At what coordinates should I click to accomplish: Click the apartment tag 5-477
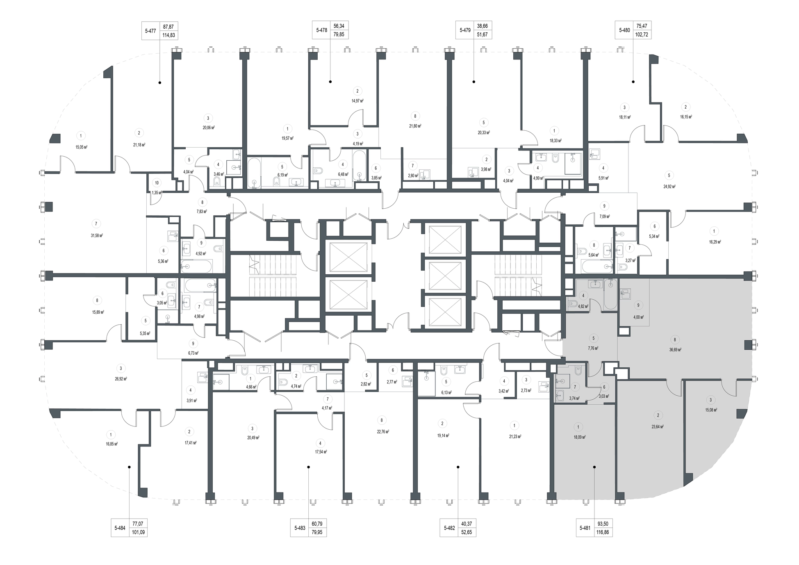tap(150, 31)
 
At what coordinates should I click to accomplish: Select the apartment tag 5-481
tap(585, 528)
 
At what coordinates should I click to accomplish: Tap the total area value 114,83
tap(169, 35)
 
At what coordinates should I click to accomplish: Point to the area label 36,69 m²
tap(675, 350)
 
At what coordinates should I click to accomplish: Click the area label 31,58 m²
tap(96, 235)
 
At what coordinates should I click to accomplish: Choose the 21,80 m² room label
tap(415, 126)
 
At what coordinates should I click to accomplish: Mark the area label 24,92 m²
tap(669, 186)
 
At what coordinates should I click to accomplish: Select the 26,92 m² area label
tap(121, 379)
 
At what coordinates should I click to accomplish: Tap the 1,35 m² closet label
tap(157, 192)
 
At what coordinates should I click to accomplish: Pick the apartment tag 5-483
tap(300, 528)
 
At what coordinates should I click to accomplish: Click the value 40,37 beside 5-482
tap(466, 524)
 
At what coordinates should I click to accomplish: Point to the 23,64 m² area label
tap(658, 426)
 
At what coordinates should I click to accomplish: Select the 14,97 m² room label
tap(357, 101)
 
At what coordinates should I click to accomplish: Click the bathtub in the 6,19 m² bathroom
tap(254, 174)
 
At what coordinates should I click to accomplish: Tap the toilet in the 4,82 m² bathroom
tap(573, 304)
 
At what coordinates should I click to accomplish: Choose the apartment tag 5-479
tap(465, 30)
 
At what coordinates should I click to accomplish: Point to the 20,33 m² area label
tap(484, 132)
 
